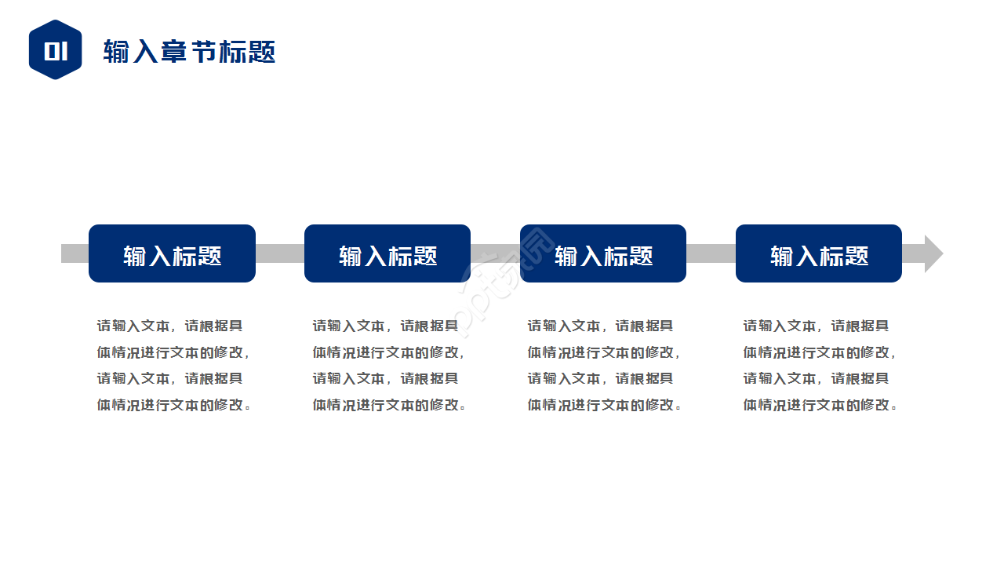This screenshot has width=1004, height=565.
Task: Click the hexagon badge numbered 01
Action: [55, 50]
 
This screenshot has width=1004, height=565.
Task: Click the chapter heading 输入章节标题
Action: [189, 52]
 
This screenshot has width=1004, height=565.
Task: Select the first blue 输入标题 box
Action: [172, 253]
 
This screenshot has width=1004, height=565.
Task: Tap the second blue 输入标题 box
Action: [387, 253]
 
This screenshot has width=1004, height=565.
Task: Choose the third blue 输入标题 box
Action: [603, 253]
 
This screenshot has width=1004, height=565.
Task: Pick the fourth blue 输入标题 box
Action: [819, 253]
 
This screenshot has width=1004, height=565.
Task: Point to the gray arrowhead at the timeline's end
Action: [933, 253]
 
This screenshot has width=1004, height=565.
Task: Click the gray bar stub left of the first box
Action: [75, 253]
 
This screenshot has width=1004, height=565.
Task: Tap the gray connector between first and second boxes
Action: [280, 253]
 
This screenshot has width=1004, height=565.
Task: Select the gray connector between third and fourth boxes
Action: [711, 253]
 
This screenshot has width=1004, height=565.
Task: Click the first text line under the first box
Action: [169, 326]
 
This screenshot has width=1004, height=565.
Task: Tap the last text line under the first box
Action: [174, 405]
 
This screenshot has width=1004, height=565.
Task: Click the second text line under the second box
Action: [389, 352]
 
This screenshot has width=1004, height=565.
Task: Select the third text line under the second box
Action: [385, 378]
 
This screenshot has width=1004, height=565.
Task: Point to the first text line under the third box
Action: [600, 326]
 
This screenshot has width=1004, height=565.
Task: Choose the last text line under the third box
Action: [605, 405]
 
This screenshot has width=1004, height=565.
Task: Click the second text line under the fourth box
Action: [820, 352]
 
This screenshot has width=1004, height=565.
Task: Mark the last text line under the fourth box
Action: [820, 405]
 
